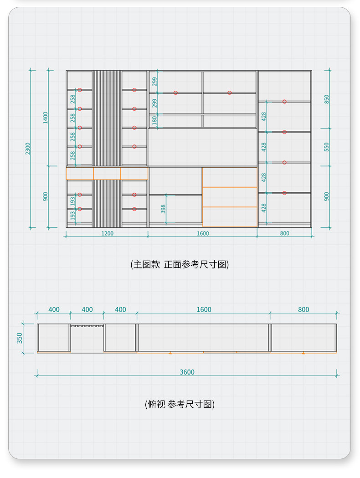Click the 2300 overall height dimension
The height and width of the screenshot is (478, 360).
tap(28, 149)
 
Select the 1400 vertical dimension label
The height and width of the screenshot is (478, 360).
tap(45, 117)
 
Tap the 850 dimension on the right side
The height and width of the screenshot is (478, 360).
tap(326, 99)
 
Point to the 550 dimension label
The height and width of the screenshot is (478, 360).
tap(326, 147)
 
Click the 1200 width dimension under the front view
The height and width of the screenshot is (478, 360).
tap(108, 233)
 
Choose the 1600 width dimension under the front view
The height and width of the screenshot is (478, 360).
tap(203, 233)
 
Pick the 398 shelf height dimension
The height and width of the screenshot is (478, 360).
tap(163, 209)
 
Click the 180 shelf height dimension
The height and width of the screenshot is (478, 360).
tap(155, 121)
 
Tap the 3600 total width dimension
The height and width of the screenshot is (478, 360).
tap(187, 372)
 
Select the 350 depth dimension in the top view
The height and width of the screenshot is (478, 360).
tap(20, 338)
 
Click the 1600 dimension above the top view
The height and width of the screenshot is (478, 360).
tap(204, 309)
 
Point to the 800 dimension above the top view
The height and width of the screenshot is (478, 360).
tap(303, 309)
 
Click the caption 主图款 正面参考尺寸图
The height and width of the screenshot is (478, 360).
tap(180, 264)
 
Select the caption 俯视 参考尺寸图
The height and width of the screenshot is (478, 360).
tap(180, 404)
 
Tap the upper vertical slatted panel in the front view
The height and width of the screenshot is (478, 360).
tap(107, 118)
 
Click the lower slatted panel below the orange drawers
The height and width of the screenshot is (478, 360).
tap(107, 203)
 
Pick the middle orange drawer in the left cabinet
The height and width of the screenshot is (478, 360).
tap(107, 174)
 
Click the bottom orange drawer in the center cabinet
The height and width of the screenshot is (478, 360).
tap(230, 217)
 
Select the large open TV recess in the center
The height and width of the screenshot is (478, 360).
tap(202, 147)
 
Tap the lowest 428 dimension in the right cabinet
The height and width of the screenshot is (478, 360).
tap(264, 208)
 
